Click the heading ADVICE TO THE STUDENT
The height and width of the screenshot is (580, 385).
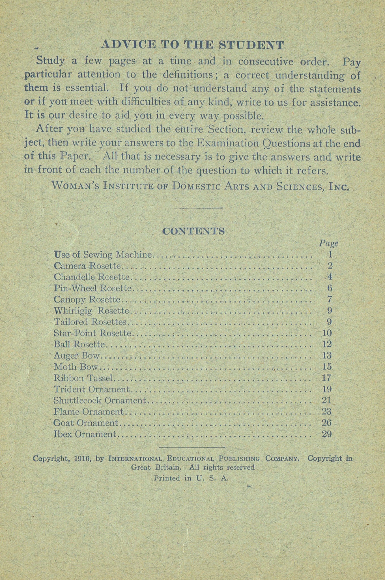point(192,45)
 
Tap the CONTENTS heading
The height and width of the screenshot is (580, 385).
point(194,231)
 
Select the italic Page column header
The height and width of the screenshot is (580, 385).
point(328,243)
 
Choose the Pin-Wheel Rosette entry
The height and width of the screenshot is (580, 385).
point(93,288)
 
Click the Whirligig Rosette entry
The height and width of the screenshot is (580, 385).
point(91,311)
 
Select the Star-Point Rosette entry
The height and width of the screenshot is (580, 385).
point(93,333)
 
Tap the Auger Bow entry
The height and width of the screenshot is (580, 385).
point(77,355)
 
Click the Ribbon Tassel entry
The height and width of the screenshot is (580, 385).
point(84,378)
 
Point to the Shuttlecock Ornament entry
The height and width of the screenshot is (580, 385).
point(100,400)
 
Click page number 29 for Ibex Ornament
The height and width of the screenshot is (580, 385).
point(327,434)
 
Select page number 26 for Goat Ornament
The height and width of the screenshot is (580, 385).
point(327,423)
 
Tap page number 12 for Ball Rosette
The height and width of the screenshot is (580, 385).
point(327,344)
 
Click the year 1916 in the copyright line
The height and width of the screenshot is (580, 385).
point(80,459)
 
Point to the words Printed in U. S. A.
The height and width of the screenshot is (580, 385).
point(191,478)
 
